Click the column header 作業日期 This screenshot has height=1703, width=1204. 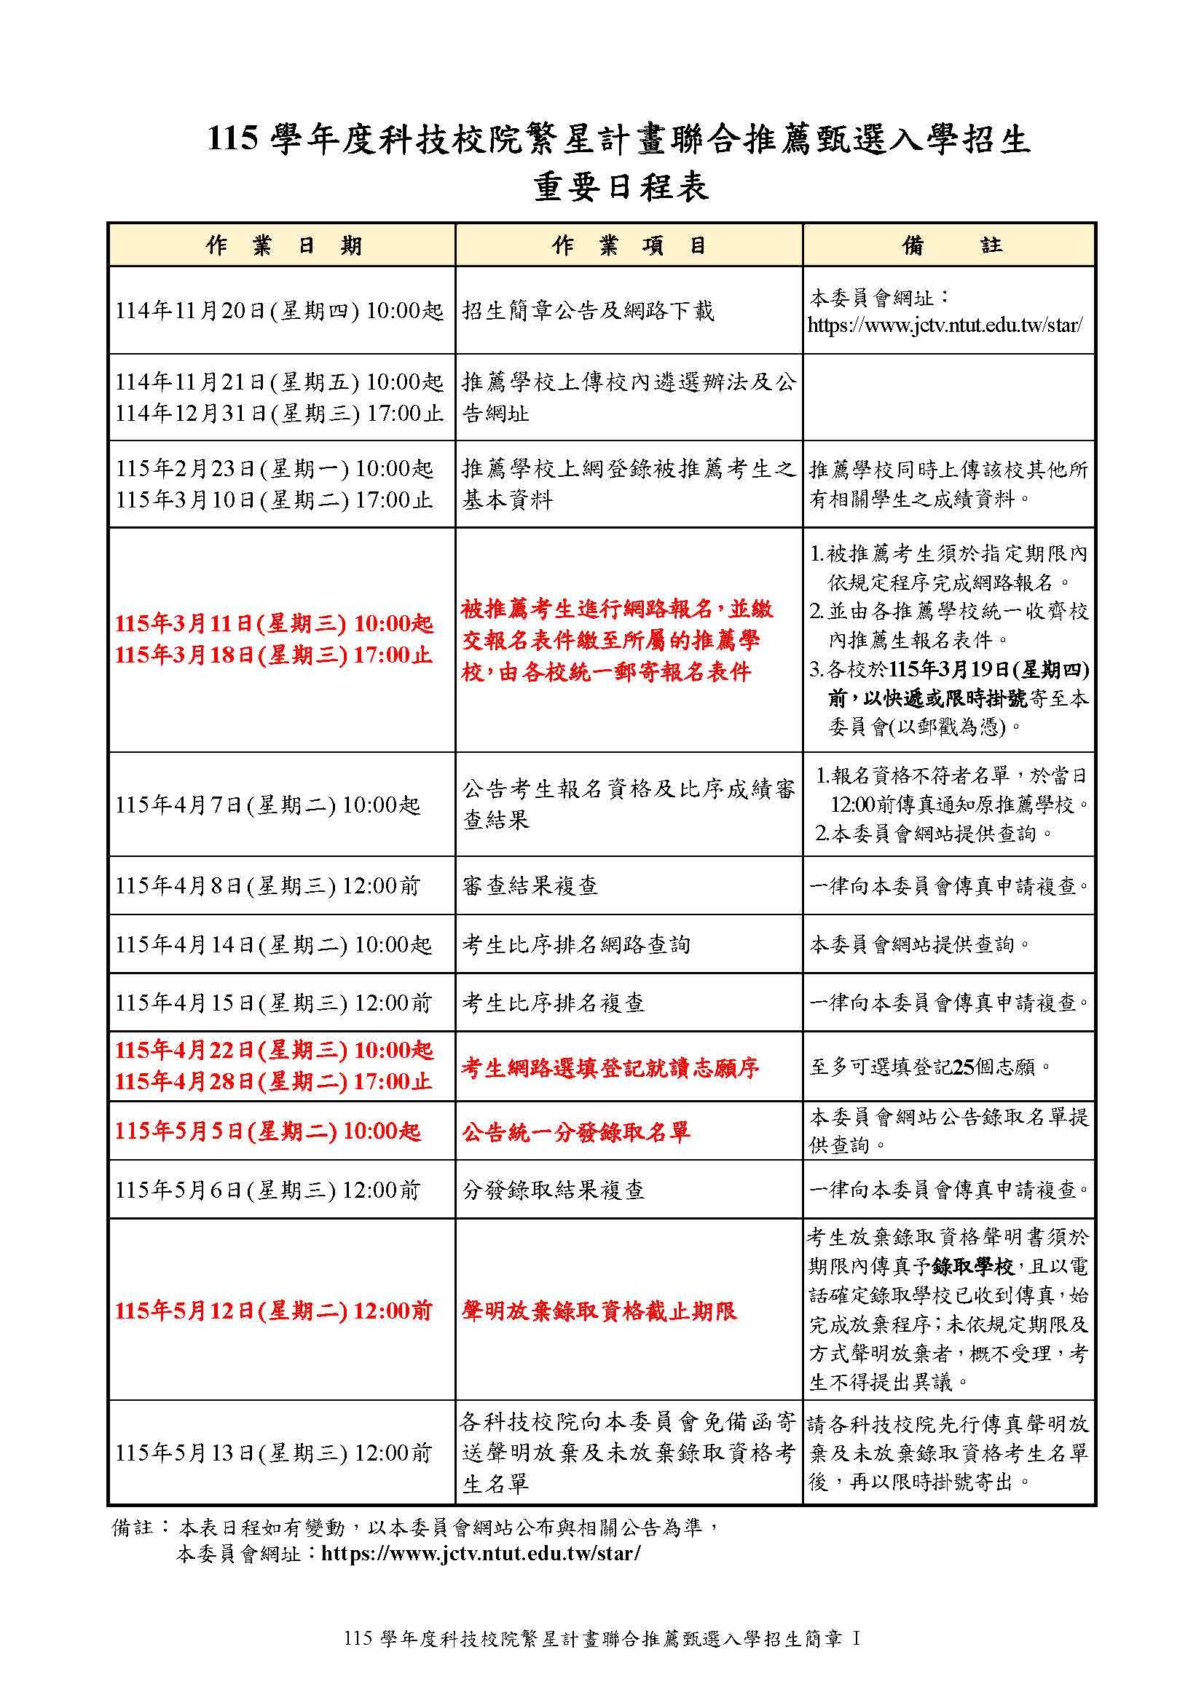(283, 245)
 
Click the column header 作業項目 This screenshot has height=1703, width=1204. (629, 245)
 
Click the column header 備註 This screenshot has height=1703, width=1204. (951, 245)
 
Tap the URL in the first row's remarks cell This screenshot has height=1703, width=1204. (945, 325)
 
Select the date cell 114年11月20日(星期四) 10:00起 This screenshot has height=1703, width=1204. (279, 311)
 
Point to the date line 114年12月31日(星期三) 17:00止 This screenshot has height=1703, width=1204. (279, 413)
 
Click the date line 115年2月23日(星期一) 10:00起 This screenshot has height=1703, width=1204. (274, 469)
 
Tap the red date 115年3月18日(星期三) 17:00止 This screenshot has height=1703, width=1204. (274, 655)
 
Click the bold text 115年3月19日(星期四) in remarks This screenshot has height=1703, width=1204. (988, 670)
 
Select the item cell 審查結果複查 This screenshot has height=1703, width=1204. (530, 885)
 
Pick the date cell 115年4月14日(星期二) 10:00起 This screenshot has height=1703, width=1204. (273, 944)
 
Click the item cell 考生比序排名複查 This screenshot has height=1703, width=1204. (554, 1003)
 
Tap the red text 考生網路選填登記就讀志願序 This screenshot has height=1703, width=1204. (610, 1068)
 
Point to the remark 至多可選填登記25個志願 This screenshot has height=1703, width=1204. (930, 1067)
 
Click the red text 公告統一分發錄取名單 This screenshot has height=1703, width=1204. (575, 1132)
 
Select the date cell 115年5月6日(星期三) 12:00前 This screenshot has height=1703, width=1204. (267, 1190)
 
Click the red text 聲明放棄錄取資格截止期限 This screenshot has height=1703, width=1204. (599, 1311)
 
